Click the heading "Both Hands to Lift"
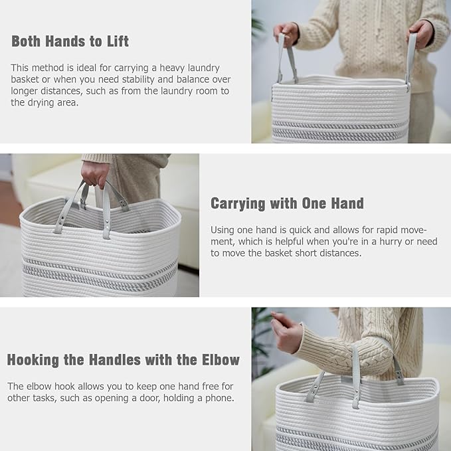(x=70, y=41)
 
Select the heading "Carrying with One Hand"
(x=287, y=203)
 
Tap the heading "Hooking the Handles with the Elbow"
(x=123, y=360)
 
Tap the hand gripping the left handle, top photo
(x=286, y=32)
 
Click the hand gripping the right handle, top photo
(x=421, y=31)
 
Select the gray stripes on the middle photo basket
(x=100, y=272)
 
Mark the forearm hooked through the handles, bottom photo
(x=352, y=352)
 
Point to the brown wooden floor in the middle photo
(x=8, y=206)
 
